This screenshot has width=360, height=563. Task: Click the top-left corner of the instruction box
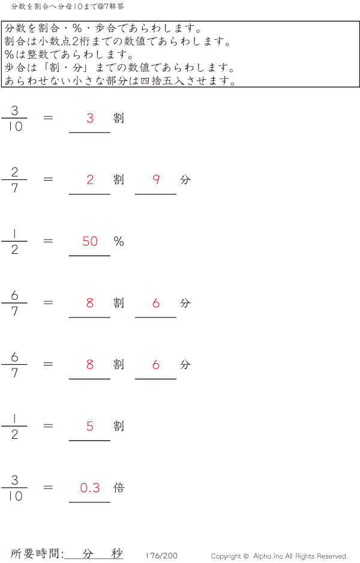[x=2, y=21]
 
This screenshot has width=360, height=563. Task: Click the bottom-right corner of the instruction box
[x=359, y=87]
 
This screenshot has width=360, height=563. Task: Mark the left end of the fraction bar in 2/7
[x=2, y=179]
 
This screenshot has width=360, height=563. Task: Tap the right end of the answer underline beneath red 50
[x=110, y=256]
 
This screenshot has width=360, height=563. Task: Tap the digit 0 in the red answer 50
[x=94, y=241]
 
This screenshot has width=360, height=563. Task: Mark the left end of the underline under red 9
[x=136, y=194]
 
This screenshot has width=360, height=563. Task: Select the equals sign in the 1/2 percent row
[x=48, y=241]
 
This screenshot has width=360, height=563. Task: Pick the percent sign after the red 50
[x=119, y=241]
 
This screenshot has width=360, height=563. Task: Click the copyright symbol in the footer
[x=246, y=556]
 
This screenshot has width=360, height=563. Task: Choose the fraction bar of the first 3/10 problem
[x=14, y=118]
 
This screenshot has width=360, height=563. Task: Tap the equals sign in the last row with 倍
[x=48, y=487]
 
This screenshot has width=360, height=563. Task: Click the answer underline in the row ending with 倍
[x=90, y=502]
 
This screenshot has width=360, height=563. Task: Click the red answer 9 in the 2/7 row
[x=156, y=179]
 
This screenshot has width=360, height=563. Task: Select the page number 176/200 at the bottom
[x=161, y=556]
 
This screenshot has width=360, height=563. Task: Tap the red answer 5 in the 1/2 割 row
[x=90, y=426]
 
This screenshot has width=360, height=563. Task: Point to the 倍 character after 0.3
[x=119, y=487]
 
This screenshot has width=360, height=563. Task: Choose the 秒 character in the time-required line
[x=117, y=553]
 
